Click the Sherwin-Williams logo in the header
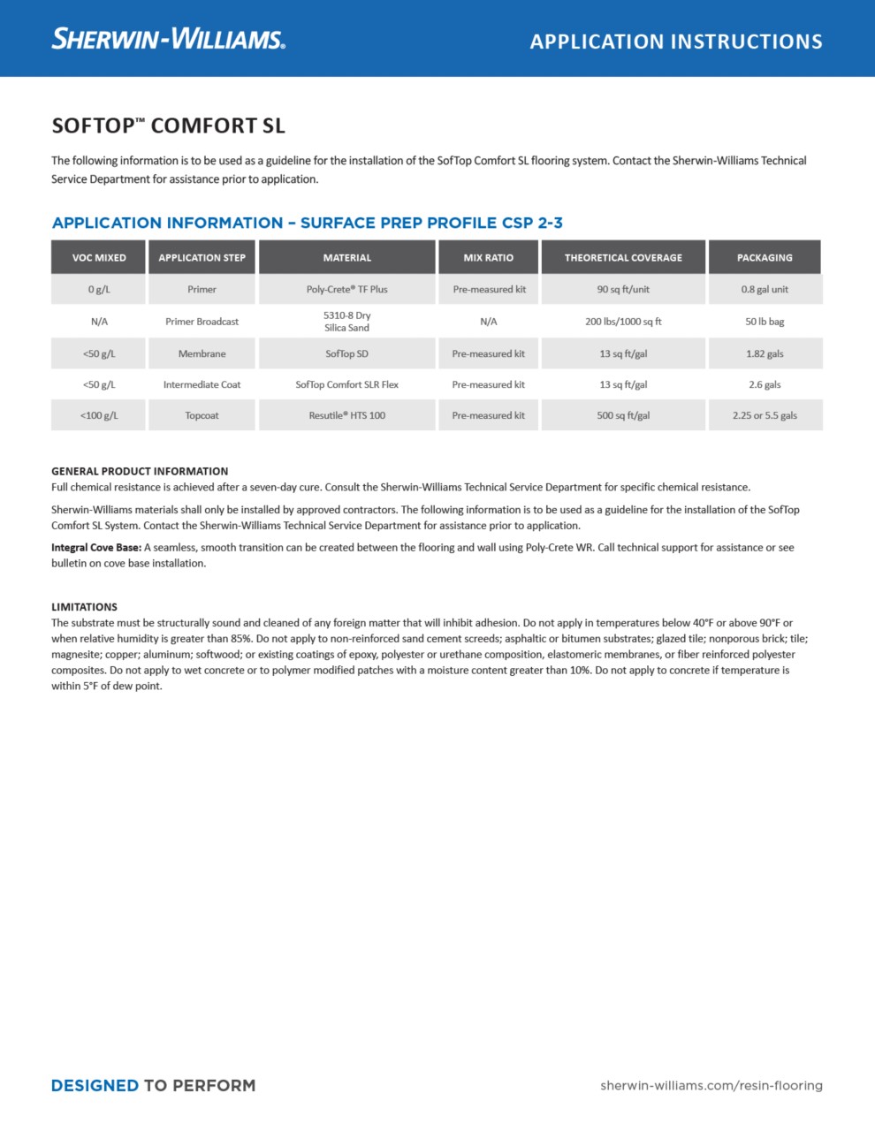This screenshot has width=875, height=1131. coord(168,39)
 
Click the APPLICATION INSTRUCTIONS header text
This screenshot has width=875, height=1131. coord(676,42)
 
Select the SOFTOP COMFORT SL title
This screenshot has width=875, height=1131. coord(168,125)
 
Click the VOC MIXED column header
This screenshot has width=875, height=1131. coord(99,257)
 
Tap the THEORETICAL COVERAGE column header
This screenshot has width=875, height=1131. coord(623,257)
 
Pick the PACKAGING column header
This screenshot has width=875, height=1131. coord(765,257)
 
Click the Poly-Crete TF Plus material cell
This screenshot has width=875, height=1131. coord(346,289)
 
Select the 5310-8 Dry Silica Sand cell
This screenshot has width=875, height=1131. coord(346,321)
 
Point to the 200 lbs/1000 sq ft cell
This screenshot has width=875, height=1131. coord(623,322)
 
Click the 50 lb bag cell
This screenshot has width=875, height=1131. coord(765,322)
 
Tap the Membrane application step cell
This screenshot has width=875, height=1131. coord(202,353)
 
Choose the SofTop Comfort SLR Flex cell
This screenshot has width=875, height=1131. coord(346,384)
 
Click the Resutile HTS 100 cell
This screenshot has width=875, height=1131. coord(346,415)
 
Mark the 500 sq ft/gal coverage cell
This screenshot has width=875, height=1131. coord(623,415)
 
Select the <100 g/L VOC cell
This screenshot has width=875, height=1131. coord(99,415)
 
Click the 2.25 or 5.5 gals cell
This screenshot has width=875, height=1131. coord(765,415)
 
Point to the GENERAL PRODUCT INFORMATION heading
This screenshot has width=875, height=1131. coord(140,471)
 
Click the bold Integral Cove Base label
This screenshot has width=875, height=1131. coord(96,547)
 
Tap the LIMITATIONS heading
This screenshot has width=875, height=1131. coord(84,607)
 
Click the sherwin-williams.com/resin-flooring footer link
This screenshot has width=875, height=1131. coord(711,1085)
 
